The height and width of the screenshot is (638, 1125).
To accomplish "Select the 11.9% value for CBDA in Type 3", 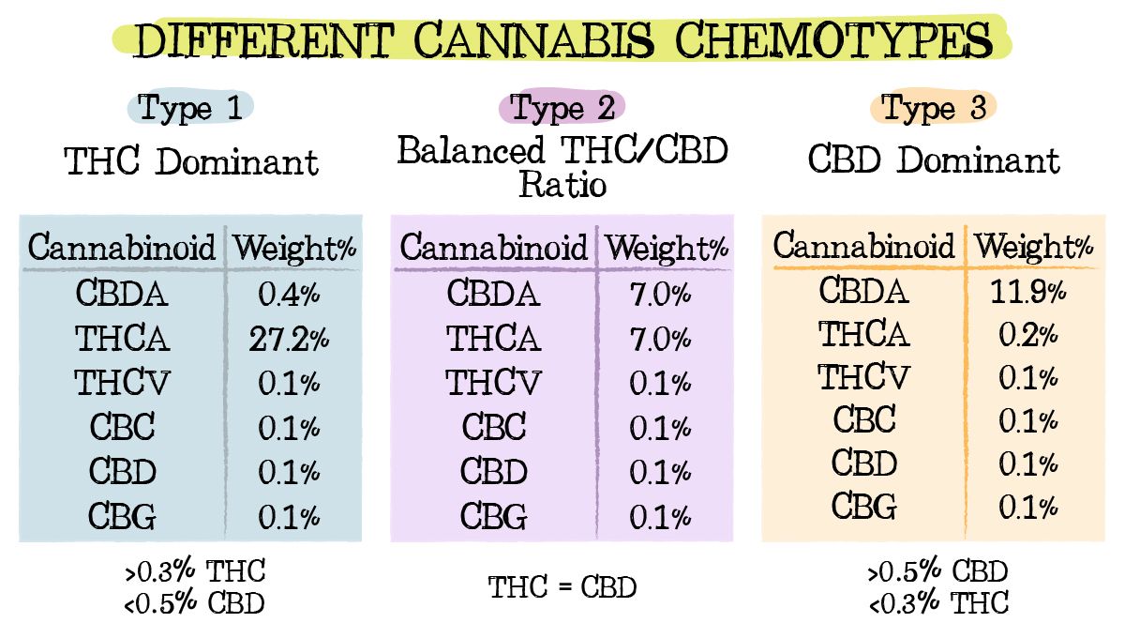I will coord(1027,292).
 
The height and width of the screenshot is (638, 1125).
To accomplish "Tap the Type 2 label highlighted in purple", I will coord(562,108).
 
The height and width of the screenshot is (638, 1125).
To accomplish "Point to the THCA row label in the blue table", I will coord(123,340).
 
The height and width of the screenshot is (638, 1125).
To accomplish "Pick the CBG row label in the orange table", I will coord(864,507).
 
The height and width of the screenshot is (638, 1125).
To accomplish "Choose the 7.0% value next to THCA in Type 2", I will coord(660,340).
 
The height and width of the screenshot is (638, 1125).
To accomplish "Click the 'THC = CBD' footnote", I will coord(562,588).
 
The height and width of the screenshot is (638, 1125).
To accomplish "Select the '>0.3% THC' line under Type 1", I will coord(194,570).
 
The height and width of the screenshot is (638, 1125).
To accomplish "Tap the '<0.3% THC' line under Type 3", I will coord(938,602).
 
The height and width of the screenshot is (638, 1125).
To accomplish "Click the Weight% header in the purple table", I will coord(666,249).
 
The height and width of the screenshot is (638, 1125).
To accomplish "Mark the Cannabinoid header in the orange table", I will coord(863,247).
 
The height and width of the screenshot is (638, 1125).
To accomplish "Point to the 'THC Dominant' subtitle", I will coord(192,162).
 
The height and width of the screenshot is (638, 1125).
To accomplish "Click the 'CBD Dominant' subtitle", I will coord(934,160).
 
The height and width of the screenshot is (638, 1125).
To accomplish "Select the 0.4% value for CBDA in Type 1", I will coord(289,295).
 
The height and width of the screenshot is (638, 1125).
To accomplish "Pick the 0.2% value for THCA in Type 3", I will coord(1027,335).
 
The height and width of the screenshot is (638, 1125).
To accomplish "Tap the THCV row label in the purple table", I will coord(492,384).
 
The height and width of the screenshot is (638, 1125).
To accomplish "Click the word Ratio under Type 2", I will coord(562,184).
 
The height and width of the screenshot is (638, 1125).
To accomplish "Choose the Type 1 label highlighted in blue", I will coord(190,108).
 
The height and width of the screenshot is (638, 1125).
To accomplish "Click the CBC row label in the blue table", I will coord(123,428).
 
